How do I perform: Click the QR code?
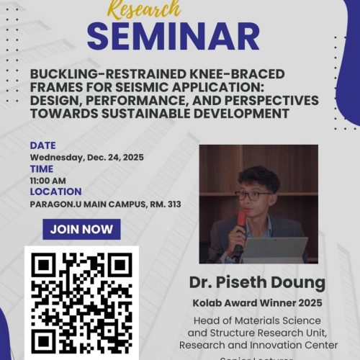(x=81, y=304)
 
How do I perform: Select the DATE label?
(x=42, y=145)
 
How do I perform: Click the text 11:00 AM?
(x=48, y=180)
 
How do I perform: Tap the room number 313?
(x=170, y=204)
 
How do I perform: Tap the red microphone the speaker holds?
(x=240, y=220)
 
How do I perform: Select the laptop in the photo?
(x=284, y=249)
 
